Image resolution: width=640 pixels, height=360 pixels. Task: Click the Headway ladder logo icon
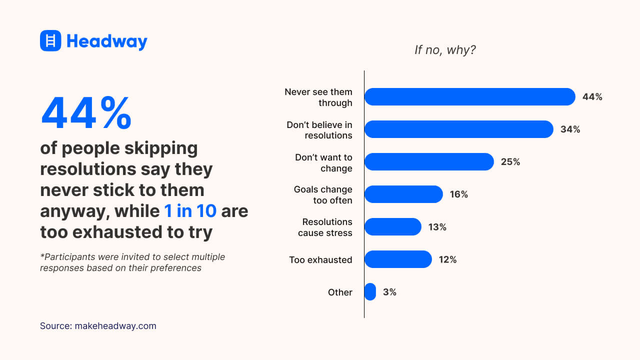50,40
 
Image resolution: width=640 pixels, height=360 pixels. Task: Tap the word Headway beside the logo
106,41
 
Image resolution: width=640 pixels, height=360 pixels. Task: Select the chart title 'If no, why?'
445,50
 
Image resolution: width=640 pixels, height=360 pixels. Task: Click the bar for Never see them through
469,96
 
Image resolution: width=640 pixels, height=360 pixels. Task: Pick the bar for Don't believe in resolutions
458,129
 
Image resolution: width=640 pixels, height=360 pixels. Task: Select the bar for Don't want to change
429,161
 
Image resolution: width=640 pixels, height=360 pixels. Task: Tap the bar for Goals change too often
403,194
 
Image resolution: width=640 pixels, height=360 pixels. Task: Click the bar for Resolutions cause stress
393,226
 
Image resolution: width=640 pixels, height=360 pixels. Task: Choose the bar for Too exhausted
398,259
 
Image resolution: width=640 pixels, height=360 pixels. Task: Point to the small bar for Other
370,291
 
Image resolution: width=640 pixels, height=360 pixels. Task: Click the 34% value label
570,129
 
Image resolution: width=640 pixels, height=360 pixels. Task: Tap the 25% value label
510,162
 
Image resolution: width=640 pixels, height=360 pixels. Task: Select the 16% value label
458,194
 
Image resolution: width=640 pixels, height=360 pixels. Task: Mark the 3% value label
389,292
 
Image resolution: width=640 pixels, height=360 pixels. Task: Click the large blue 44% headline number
86,113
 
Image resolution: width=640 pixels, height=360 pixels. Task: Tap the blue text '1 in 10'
190,211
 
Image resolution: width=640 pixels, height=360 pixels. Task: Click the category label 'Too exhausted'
320,260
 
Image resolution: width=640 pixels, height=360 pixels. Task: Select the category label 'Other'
340,292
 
